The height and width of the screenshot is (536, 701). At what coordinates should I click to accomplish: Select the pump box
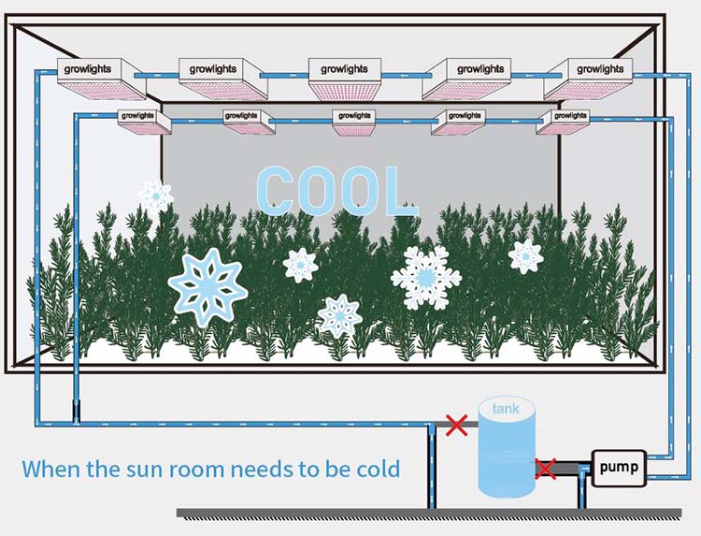click(618, 466)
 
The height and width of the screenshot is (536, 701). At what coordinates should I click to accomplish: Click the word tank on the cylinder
click(506, 409)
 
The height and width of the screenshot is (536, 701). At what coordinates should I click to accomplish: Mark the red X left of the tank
click(456, 426)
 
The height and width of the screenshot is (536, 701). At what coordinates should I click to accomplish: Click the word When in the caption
click(55, 468)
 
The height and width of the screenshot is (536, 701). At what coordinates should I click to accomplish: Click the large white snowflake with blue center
click(425, 276)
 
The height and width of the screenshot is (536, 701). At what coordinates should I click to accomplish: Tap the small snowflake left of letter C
click(155, 196)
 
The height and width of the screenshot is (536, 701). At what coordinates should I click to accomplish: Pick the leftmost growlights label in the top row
click(88, 69)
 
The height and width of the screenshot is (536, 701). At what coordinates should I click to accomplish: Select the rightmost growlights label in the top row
click(600, 69)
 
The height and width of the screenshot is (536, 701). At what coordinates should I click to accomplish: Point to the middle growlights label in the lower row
click(355, 116)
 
